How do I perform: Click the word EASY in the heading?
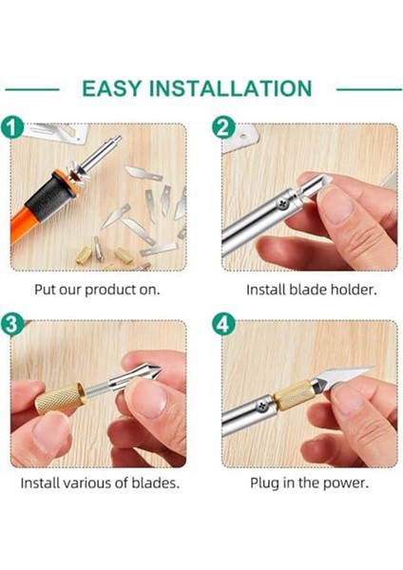[x=111, y=88]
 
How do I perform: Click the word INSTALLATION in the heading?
[x=231, y=88]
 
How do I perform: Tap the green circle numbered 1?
[x=11, y=127]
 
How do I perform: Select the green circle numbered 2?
[x=223, y=127]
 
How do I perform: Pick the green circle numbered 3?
[x=11, y=324]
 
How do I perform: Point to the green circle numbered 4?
[x=223, y=324]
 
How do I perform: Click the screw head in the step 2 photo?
[x=283, y=204]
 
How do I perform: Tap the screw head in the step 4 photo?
[x=261, y=406]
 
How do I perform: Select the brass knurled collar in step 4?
[x=293, y=395]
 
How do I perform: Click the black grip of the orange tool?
[x=49, y=197]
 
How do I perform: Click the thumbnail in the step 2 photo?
[x=335, y=205]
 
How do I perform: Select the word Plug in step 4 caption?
[x=263, y=484]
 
